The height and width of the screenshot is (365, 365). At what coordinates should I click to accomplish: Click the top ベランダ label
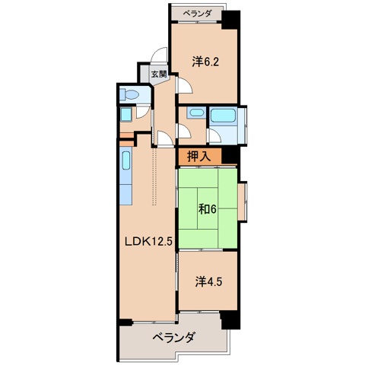[196, 14]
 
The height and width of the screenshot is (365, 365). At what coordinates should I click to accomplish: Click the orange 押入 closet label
[198, 157]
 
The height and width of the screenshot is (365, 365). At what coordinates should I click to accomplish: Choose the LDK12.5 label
[148, 242]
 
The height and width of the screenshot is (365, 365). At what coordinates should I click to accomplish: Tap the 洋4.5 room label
[207, 281]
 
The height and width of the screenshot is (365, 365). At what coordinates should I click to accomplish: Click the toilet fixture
[129, 95]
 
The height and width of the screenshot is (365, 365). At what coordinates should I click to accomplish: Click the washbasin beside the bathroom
[195, 114]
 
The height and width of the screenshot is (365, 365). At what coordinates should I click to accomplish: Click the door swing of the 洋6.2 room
[184, 85]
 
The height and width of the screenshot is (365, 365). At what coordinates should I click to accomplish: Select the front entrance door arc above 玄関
[158, 58]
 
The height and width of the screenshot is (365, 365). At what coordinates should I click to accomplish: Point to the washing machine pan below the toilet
[126, 116]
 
